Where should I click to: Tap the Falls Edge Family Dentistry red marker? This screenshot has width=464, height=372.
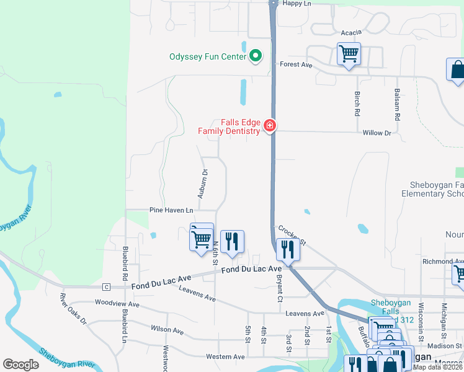coord(269,126)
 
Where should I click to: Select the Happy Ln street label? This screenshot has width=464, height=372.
coord(296,4)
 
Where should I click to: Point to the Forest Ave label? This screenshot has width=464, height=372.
coord(296,64)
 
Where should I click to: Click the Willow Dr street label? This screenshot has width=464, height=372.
coord(377,133)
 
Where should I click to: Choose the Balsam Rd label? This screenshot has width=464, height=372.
coord(397,104)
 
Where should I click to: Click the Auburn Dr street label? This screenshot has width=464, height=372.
coord(202,184)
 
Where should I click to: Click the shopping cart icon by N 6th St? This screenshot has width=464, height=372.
coord(201,238)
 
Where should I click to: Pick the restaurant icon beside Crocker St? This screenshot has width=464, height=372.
coord(287,249)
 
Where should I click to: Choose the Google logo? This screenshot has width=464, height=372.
coord(20,365)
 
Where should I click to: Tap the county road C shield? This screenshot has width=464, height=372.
coord(107,286)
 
